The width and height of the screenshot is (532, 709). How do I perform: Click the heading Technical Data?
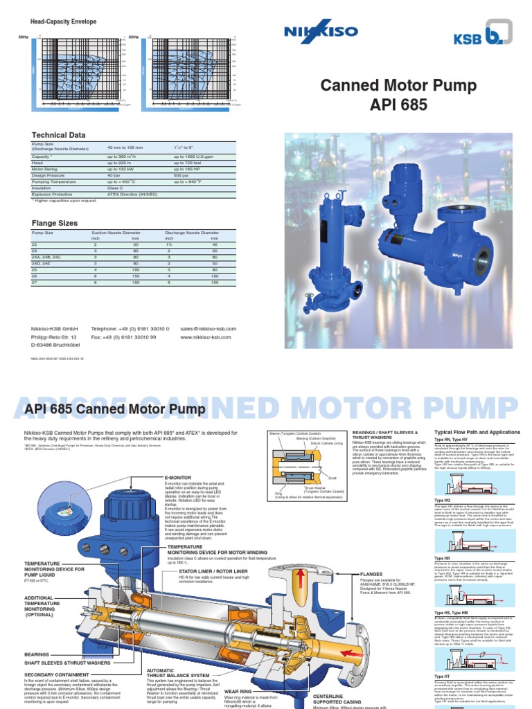59,135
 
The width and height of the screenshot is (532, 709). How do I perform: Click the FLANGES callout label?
371,574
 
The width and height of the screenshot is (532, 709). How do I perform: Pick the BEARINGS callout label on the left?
37,654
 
